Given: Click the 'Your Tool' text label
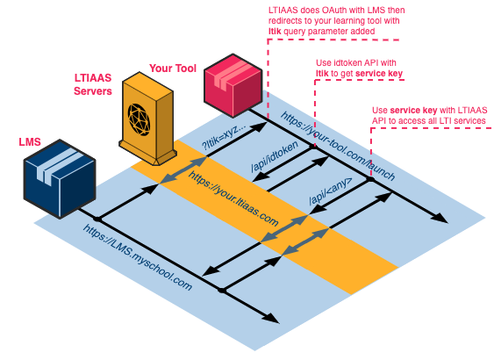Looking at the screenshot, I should (x=173, y=68).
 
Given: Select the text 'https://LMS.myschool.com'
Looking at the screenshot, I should (x=138, y=257).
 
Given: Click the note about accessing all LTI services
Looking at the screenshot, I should (x=429, y=115).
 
